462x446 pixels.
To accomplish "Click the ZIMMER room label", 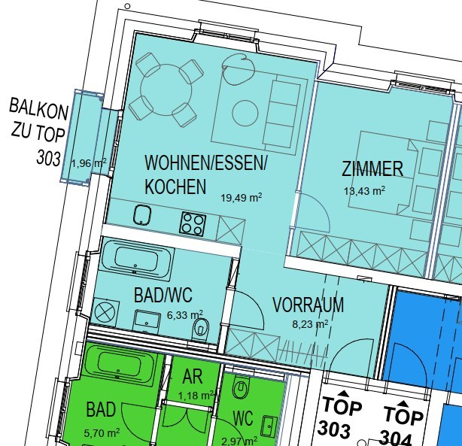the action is [x=372, y=168].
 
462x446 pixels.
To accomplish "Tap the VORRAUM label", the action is [x=308, y=305].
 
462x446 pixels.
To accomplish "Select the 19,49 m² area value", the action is [x=242, y=197].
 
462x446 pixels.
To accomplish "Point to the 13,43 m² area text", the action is [x=364, y=191].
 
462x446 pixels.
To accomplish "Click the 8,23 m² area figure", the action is [x=310, y=324].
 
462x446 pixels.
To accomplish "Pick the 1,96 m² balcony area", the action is [x=89, y=163].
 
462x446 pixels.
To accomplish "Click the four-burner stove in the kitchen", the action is [x=193, y=224].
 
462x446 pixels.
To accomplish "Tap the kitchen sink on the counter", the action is [x=143, y=214].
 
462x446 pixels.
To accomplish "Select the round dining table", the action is [x=166, y=90].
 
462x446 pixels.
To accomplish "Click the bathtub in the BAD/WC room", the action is [x=135, y=259].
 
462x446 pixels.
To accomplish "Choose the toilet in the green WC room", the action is [x=241, y=387].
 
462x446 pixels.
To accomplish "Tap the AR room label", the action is [x=193, y=376].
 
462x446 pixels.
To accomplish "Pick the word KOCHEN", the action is [x=175, y=187].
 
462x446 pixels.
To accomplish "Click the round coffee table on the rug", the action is [x=245, y=113].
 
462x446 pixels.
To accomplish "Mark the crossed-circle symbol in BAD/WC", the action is [x=106, y=312].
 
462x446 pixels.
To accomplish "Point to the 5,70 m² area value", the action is [x=102, y=432].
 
